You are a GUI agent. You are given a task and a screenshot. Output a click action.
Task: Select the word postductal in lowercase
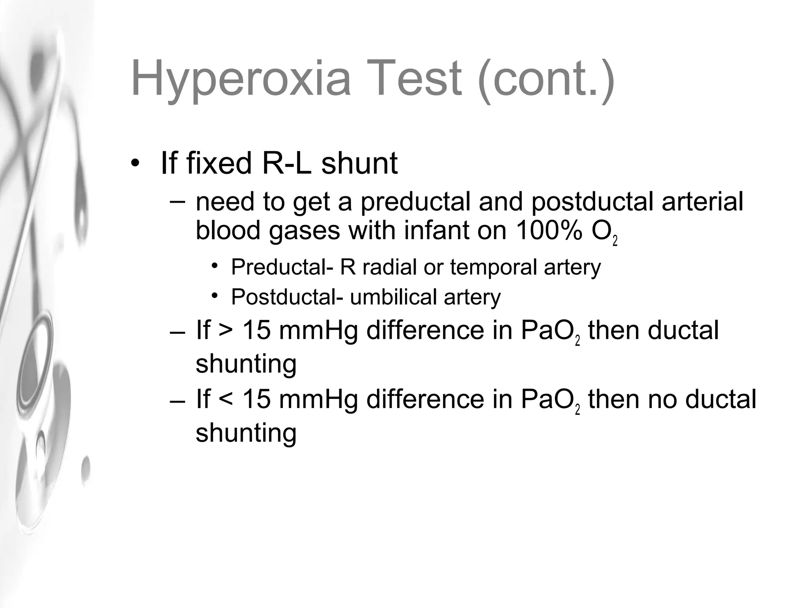[x=592, y=201]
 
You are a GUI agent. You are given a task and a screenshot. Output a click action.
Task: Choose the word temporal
[x=493, y=268]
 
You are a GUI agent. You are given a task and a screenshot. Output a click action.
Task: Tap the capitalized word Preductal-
[x=282, y=267]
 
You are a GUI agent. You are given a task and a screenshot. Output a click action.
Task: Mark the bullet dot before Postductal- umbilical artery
[x=215, y=296]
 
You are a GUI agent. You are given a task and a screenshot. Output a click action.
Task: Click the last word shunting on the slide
[x=246, y=433]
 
